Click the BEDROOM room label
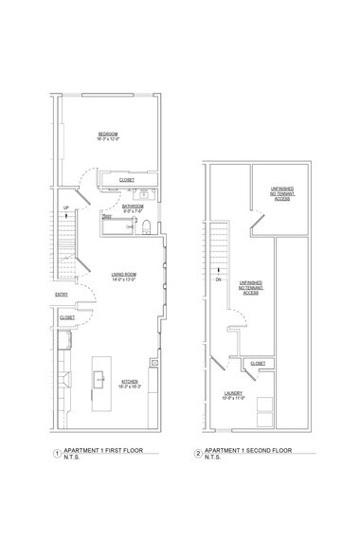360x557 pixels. pyautogui.click(x=108, y=135)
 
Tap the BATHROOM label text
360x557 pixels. pyautogui.click(x=132, y=206)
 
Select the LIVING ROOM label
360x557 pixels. pyautogui.click(x=125, y=276)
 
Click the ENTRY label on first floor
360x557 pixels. pyautogui.click(x=62, y=295)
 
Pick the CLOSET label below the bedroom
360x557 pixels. pyautogui.click(x=126, y=180)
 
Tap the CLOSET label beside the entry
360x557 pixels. pyautogui.click(x=67, y=318)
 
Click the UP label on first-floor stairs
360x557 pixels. pyautogui.click(x=65, y=207)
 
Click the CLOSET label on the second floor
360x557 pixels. pyautogui.click(x=258, y=364)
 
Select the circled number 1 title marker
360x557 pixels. pyautogui.click(x=58, y=454)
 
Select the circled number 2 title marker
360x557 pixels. pyautogui.click(x=197, y=454)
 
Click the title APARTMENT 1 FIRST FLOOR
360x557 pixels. pyautogui.click(x=103, y=451)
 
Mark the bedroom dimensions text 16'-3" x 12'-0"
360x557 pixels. pyautogui.click(x=108, y=140)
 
